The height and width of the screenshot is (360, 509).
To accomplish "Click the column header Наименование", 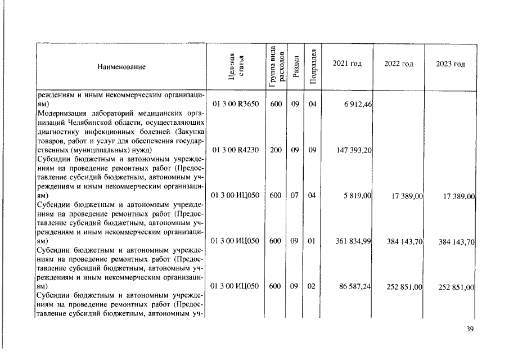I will pos(121,67).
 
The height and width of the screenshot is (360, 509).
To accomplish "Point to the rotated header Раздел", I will pos(296,66).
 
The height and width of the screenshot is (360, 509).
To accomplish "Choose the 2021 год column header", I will pos(347,64).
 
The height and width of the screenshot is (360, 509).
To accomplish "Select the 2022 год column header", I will pos(399,64).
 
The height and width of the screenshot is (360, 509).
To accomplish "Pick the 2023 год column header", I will pos(451,64).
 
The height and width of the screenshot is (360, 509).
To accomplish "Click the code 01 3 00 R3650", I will pos(235,104).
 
